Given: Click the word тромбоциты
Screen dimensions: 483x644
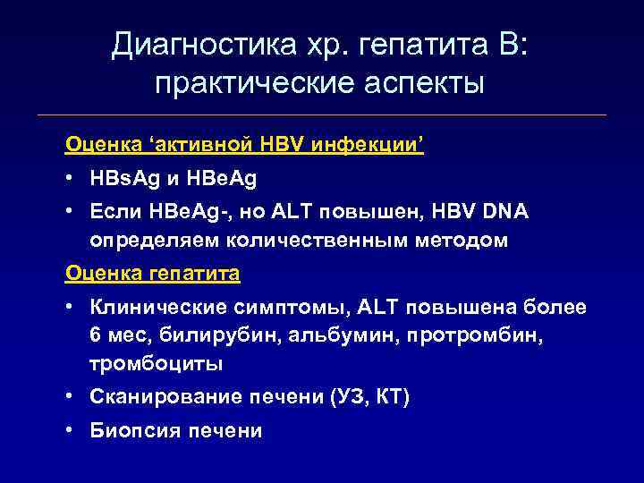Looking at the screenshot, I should click(x=156, y=364).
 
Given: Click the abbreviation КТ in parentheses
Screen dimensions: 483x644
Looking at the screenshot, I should click(x=389, y=397).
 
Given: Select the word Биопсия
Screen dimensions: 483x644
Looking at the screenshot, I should click(x=133, y=430).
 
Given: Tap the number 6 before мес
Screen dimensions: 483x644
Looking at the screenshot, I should click(x=95, y=335).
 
